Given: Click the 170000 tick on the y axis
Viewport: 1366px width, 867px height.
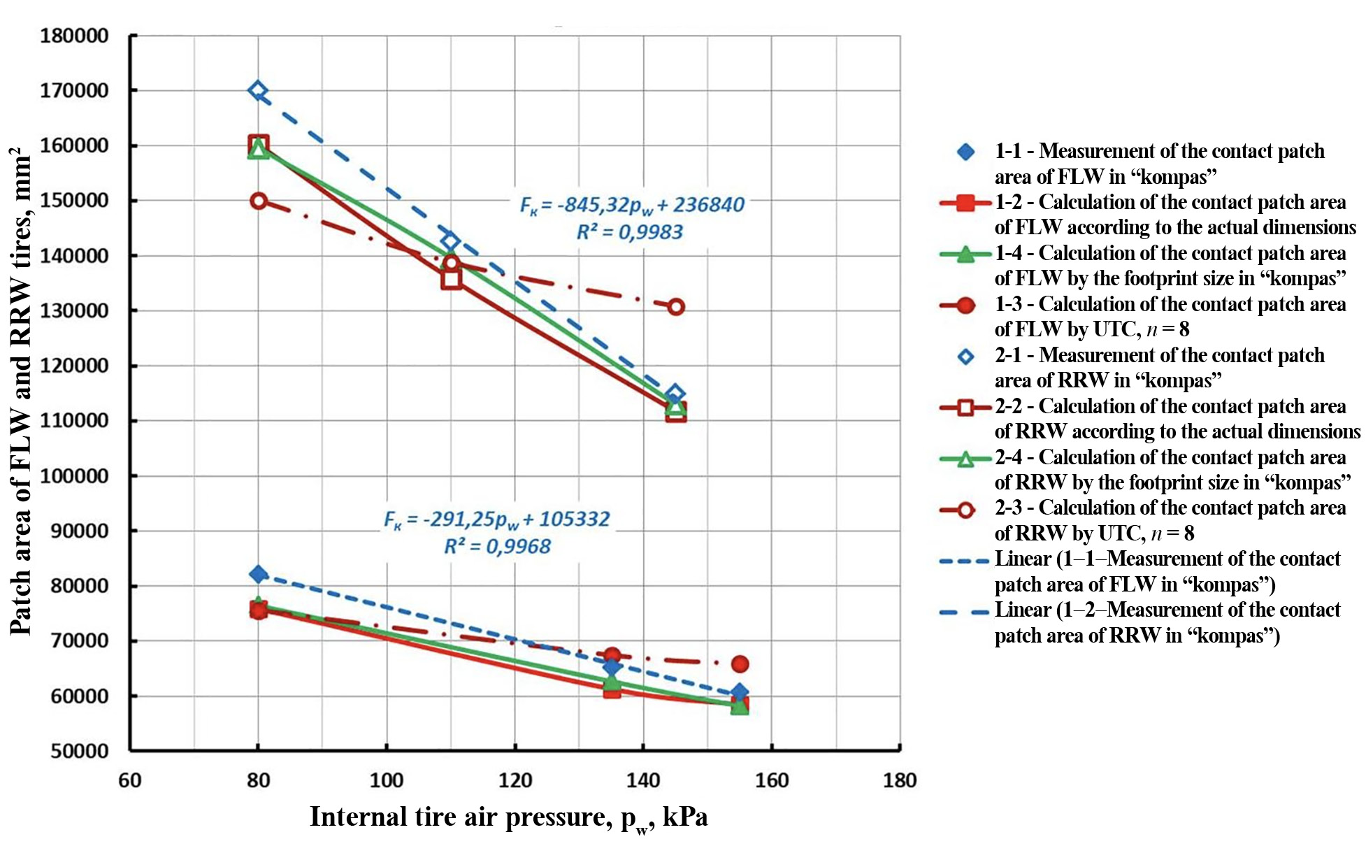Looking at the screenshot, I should (74, 91).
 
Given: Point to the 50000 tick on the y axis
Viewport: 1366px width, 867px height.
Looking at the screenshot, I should (79, 751).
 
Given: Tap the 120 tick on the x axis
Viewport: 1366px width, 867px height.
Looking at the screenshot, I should (515, 780).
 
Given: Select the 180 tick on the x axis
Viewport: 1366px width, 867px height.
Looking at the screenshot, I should (899, 780).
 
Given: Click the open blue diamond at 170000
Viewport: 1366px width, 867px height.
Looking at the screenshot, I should (258, 91).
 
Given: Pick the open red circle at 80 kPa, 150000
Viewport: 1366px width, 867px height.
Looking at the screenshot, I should (258, 201).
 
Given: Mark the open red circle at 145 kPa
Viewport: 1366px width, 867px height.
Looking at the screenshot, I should (675, 306).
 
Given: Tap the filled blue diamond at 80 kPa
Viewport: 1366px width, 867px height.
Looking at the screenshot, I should (258, 574).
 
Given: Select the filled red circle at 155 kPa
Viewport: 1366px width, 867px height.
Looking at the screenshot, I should (740, 664).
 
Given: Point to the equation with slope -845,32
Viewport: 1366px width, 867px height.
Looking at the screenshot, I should (632, 205).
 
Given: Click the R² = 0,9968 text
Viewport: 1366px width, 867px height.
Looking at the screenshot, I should (497, 546).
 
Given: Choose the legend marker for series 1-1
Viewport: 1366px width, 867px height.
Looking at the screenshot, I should (965, 152).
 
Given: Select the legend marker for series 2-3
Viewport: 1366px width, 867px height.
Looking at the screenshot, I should (965, 510).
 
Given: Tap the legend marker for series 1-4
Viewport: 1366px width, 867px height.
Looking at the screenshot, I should (965, 254).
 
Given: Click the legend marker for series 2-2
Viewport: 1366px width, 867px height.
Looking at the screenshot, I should (965, 407).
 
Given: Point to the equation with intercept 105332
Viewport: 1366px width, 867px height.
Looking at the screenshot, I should (496, 520).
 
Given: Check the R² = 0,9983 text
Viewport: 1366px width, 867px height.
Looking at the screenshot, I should (629, 232).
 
